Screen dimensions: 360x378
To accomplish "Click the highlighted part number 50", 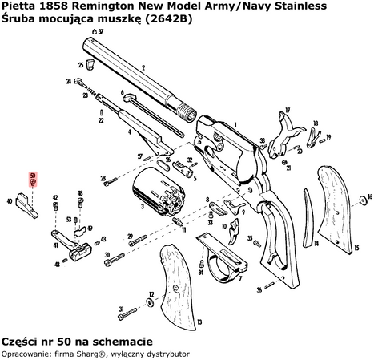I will (32, 178).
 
